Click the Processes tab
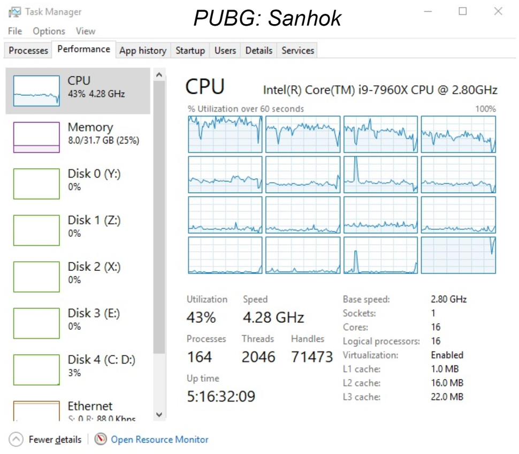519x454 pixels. tap(28, 50)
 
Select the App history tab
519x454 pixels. tap(142, 50)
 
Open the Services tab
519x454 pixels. tap(297, 50)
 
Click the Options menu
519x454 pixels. tap(49, 31)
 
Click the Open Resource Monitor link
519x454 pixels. tap(159, 440)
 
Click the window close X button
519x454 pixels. tap(498, 11)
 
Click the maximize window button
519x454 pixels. tap(462, 11)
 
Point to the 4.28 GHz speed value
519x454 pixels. tap(273, 317)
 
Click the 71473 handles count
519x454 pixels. tap(312, 357)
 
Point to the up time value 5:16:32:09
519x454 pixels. tap(221, 397)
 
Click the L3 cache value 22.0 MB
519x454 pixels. tap(447, 397)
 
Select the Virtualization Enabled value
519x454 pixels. tap(447, 355)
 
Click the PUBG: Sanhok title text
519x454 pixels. tap(267, 18)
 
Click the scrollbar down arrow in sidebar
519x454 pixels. tap(159, 414)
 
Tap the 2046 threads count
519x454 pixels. tap(258, 357)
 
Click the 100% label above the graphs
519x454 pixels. tap(485, 109)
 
